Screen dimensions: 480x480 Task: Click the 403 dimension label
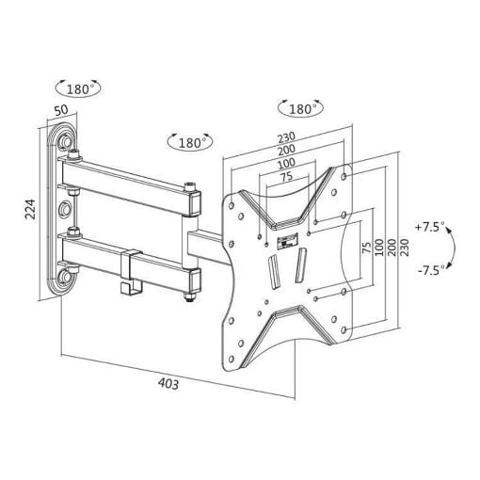click(x=168, y=383)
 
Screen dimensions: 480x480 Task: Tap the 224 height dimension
click(x=31, y=209)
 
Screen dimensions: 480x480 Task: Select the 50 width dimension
click(x=61, y=110)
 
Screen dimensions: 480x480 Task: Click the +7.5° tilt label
click(x=430, y=227)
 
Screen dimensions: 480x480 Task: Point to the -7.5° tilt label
click(x=432, y=270)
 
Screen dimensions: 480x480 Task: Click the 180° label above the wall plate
click(x=78, y=89)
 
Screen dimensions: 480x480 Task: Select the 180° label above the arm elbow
click(x=190, y=143)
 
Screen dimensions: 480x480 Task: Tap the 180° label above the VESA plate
click(x=300, y=109)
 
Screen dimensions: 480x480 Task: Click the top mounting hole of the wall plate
click(x=66, y=140)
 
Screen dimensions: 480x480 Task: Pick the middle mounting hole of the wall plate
click(x=65, y=208)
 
